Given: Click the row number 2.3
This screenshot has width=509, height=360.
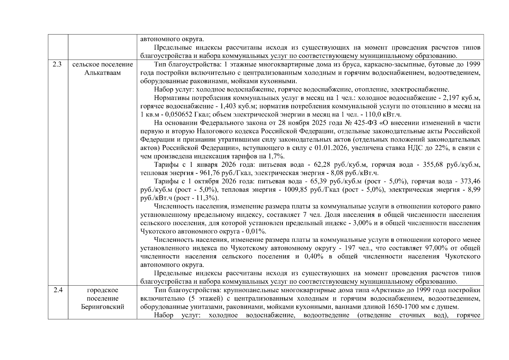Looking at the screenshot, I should [58, 64].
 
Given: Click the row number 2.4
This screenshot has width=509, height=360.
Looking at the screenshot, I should [58, 290].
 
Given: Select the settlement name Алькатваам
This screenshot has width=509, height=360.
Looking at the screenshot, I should [103, 73].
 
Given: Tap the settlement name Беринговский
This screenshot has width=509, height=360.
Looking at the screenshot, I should [103, 307].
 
